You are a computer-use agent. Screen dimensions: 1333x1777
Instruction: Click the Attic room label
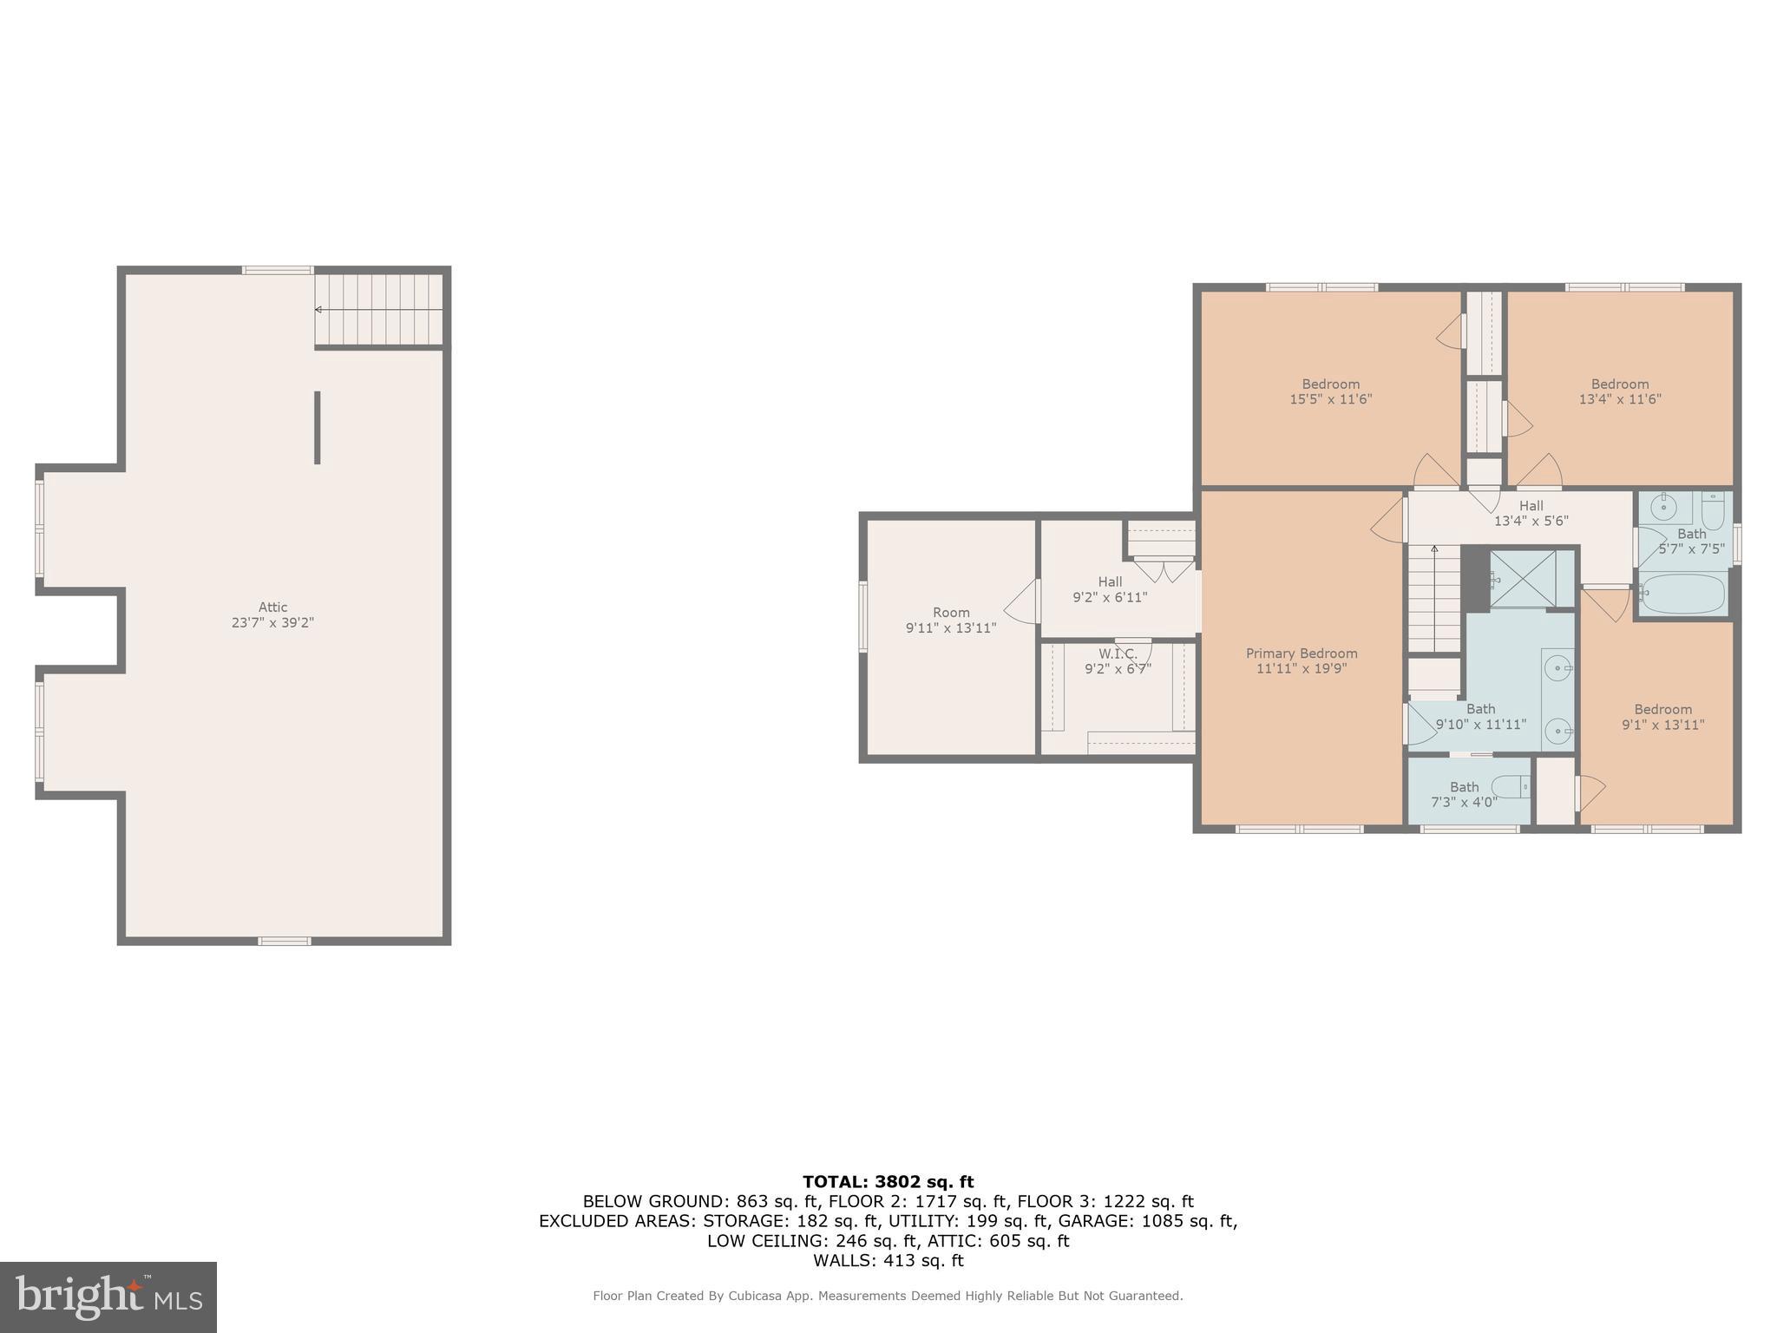272,607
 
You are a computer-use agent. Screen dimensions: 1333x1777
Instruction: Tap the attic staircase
379,310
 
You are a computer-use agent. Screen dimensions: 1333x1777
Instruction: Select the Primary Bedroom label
1302,653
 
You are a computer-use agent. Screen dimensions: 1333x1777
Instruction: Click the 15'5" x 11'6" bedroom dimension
1330,399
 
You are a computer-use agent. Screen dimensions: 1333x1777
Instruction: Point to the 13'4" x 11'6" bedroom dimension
1620,399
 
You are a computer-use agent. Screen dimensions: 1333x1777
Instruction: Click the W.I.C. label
1117,653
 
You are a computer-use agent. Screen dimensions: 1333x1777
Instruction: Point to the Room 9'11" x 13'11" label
951,620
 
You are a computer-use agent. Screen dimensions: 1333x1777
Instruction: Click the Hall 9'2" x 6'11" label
1110,589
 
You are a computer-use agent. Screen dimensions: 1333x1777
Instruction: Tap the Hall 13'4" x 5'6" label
1531,513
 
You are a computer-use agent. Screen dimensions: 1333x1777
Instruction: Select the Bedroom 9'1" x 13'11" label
1662,717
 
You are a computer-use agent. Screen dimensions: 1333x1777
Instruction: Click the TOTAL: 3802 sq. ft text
888,1181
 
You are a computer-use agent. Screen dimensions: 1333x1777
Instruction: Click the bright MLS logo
108,1297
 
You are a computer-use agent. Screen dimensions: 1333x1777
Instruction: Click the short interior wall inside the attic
318,427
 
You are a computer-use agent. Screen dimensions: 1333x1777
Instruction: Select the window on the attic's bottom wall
285,941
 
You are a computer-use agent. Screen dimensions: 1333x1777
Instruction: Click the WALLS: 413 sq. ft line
888,1260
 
